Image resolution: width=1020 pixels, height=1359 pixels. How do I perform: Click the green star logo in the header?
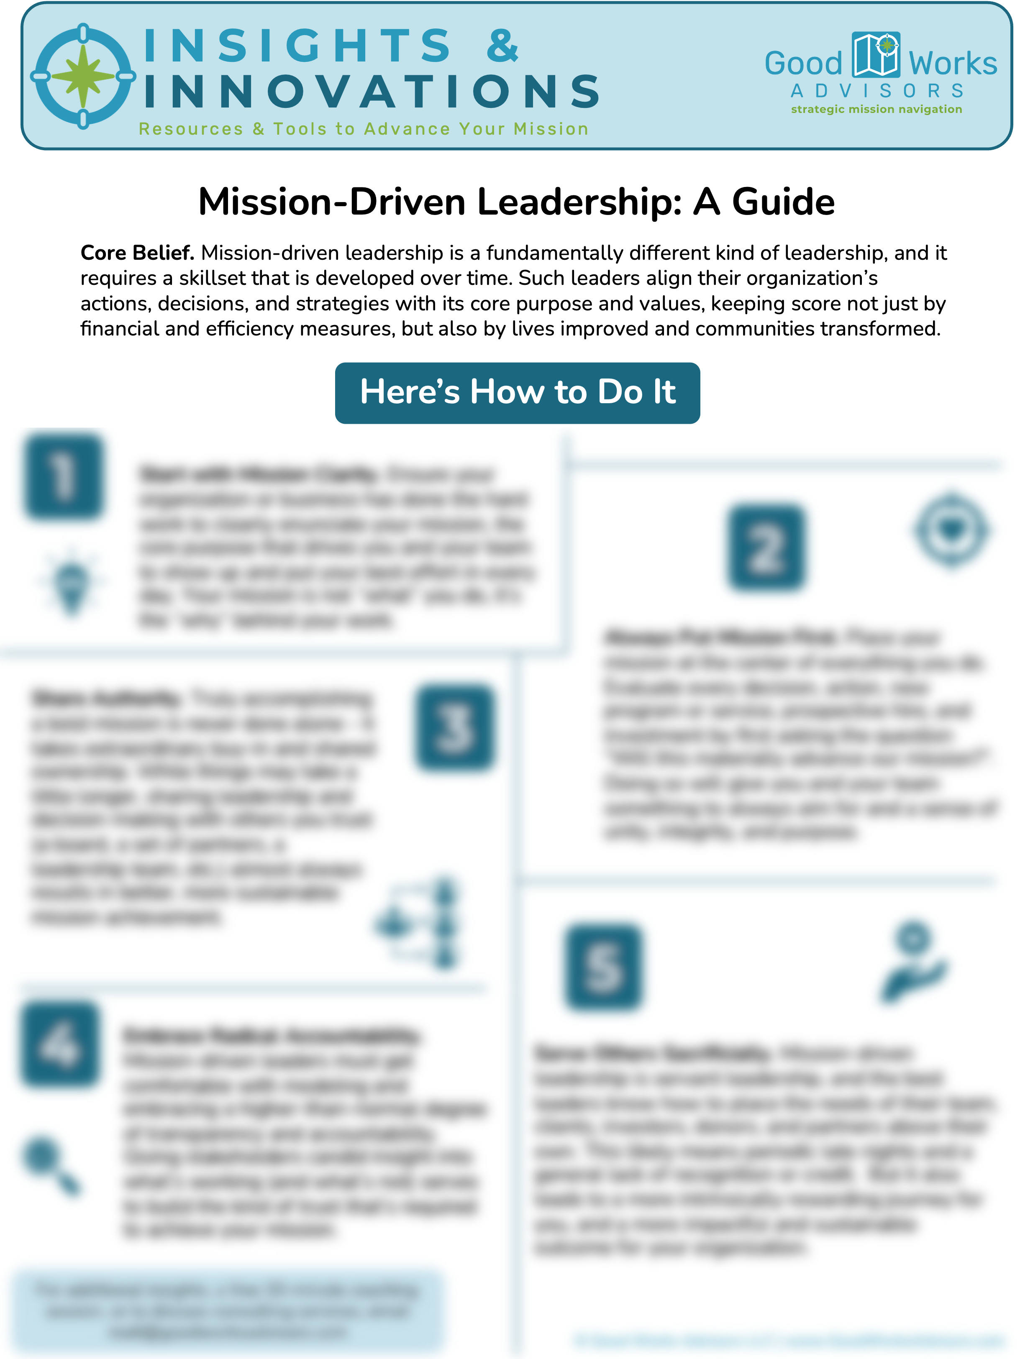(83, 76)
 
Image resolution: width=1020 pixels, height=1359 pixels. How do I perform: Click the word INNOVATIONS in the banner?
(372, 92)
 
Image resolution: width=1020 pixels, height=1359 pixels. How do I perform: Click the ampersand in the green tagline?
(258, 129)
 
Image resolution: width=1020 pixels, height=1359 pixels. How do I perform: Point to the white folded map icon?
(876, 55)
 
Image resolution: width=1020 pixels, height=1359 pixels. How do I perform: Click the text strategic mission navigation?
(876, 109)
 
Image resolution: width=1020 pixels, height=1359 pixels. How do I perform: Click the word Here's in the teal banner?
(410, 392)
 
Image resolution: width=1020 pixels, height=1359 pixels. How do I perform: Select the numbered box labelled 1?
(64, 480)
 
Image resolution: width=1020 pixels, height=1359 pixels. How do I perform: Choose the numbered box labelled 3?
(454, 727)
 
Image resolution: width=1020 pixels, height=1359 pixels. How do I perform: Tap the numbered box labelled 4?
(60, 1044)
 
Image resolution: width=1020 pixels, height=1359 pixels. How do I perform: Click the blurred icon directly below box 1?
(72, 582)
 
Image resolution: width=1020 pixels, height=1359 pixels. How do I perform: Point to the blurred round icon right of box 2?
(952, 530)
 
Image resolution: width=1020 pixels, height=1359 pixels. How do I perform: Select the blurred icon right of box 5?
(912, 962)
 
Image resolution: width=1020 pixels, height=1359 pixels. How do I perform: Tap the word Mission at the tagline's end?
(551, 129)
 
